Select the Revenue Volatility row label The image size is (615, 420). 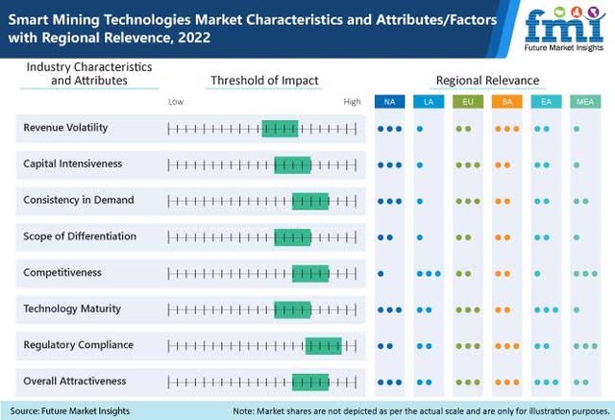(x=65, y=128)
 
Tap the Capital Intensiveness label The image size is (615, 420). (x=72, y=164)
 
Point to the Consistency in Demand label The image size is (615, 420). (x=78, y=200)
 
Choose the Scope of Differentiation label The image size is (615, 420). (x=80, y=236)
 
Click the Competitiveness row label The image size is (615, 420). (x=61, y=273)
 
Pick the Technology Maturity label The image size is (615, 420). (x=72, y=309)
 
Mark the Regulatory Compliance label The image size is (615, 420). (x=78, y=345)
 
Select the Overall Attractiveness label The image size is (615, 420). (x=74, y=382)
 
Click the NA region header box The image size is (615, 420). (x=389, y=101)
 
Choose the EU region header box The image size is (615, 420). (x=467, y=101)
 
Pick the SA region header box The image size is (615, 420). (x=505, y=101)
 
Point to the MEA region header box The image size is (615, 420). (x=583, y=101)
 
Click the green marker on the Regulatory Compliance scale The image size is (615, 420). (x=323, y=346)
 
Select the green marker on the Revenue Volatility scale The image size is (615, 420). (x=280, y=129)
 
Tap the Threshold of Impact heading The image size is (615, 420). (x=264, y=80)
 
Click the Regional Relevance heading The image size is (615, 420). (x=487, y=80)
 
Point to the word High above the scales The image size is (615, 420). (x=352, y=101)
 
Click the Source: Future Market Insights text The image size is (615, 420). (x=66, y=410)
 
